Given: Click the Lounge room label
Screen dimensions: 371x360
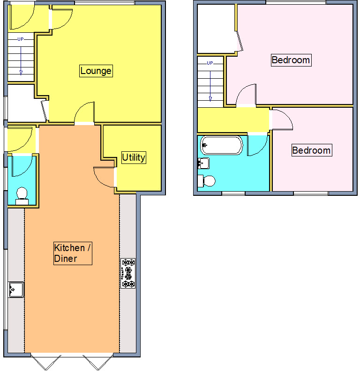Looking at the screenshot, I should (96, 71).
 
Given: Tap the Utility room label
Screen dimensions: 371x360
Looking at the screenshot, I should (134, 158).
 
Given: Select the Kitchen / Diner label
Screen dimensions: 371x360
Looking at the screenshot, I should (72, 253).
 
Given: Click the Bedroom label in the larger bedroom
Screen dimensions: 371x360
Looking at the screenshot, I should (291, 60).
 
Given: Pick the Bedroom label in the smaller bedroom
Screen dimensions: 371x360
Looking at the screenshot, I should (311, 150).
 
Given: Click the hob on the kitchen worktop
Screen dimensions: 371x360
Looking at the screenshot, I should (128, 273).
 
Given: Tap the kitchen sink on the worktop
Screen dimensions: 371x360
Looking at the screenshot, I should (16, 289).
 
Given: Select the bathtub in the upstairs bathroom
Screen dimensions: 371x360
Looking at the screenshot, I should (222, 145).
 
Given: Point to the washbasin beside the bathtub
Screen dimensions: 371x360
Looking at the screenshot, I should (203, 163).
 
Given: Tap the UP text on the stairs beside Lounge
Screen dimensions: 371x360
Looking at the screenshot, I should (21, 39).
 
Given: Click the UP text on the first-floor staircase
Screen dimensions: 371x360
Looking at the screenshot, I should (210, 63).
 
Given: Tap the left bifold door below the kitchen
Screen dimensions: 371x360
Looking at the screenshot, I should (46, 362).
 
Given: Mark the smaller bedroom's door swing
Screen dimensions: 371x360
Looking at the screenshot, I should (282, 119).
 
